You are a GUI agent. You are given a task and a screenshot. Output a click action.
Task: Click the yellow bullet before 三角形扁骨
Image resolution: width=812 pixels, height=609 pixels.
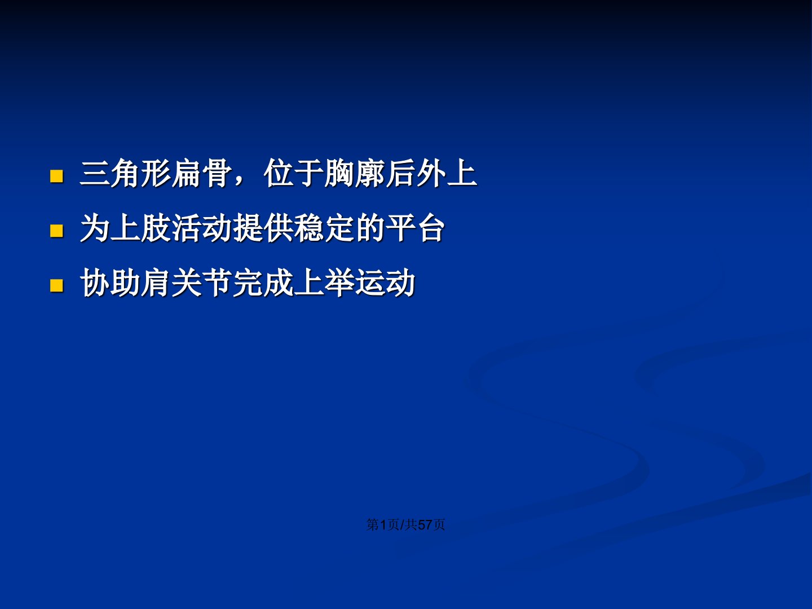(56, 176)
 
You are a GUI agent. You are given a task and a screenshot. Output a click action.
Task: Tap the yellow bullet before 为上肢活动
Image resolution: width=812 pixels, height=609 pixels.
(56, 231)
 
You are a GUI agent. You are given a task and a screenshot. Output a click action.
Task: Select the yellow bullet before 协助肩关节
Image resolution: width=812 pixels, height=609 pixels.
(56, 286)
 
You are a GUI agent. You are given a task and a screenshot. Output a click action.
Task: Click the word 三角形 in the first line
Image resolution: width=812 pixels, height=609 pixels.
(125, 173)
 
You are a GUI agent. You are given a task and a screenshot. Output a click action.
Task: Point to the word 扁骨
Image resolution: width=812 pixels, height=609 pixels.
(202, 173)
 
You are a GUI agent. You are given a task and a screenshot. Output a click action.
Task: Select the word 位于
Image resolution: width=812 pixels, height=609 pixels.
(294, 173)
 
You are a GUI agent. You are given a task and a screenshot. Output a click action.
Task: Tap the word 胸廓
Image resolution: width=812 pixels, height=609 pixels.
(355, 173)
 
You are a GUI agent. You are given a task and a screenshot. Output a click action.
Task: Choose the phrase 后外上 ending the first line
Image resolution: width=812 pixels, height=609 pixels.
(431, 173)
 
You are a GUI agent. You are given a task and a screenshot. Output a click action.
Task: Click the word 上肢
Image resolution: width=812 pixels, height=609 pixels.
(140, 228)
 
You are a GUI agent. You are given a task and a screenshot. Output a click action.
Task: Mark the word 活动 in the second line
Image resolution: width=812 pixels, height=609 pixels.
(202, 228)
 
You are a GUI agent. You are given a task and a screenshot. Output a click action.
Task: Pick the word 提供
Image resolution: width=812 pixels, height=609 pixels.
(263, 228)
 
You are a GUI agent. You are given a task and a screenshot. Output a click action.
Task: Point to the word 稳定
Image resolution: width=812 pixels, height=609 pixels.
(324, 228)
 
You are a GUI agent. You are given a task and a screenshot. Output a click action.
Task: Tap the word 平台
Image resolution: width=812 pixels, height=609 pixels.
(416, 228)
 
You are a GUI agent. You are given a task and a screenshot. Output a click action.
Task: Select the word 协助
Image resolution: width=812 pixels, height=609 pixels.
(110, 283)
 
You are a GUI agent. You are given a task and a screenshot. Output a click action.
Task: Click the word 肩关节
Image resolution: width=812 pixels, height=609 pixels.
(187, 283)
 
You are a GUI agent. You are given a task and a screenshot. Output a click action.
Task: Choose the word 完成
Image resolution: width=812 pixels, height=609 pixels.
(263, 283)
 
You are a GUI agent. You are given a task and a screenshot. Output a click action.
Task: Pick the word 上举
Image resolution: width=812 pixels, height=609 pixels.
(324, 283)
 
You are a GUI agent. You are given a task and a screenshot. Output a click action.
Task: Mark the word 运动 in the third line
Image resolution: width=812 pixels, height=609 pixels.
(385, 283)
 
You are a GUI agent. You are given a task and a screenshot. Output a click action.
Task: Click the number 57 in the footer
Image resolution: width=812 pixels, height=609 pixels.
(425, 524)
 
